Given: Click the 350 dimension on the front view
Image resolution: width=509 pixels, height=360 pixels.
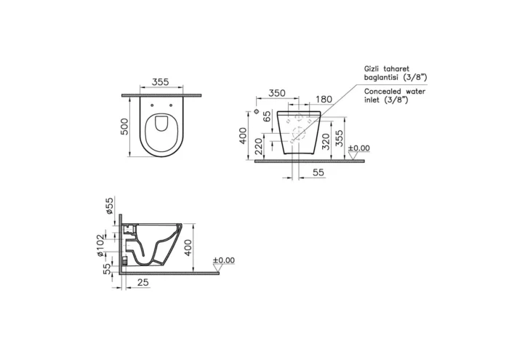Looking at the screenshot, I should pos(276,93).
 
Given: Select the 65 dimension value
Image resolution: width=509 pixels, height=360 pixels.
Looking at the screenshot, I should pos(267,116).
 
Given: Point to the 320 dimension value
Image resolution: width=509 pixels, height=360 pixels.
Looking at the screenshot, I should pos(329,140).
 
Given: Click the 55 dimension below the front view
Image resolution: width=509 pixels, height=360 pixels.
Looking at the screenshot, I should pos(318,172).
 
